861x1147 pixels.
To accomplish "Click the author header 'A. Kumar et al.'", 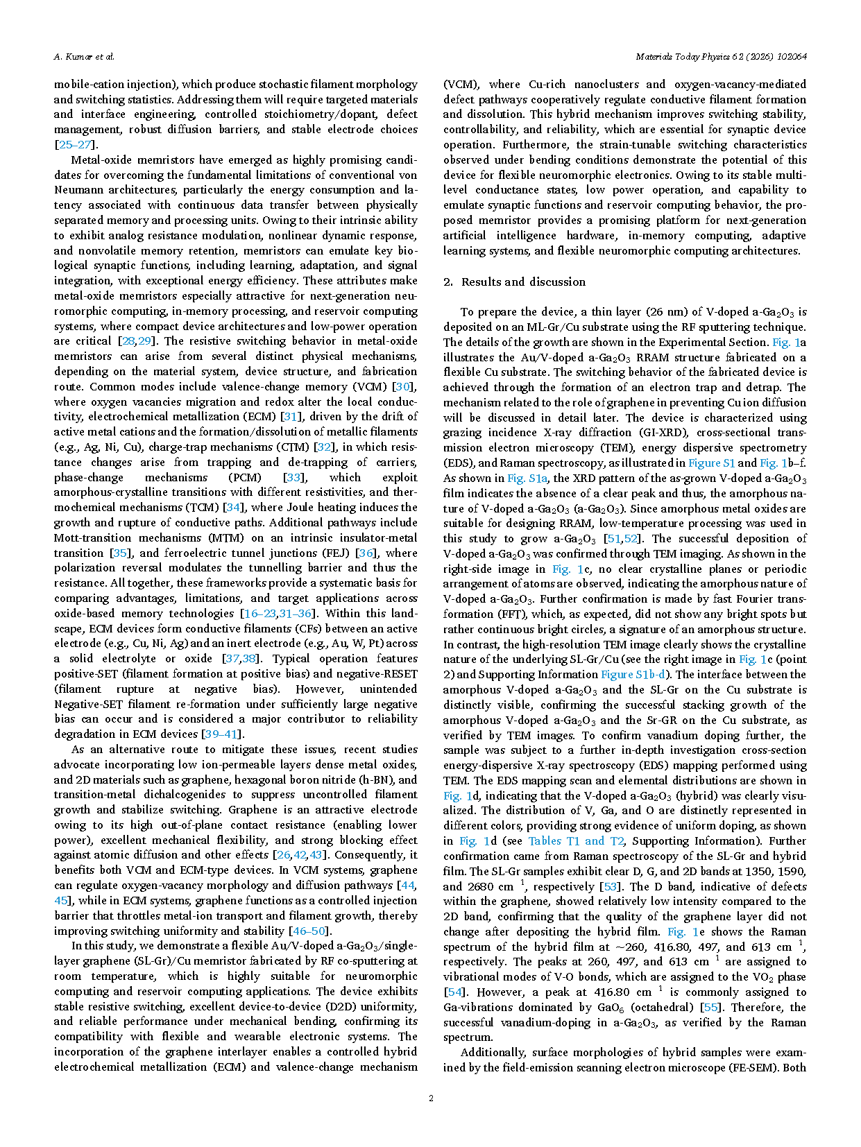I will [x=84, y=57].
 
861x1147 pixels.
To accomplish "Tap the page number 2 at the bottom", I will [x=431, y=1098].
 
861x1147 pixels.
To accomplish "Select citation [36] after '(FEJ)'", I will [x=366, y=553].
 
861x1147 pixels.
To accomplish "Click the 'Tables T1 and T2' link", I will [x=576, y=840].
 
